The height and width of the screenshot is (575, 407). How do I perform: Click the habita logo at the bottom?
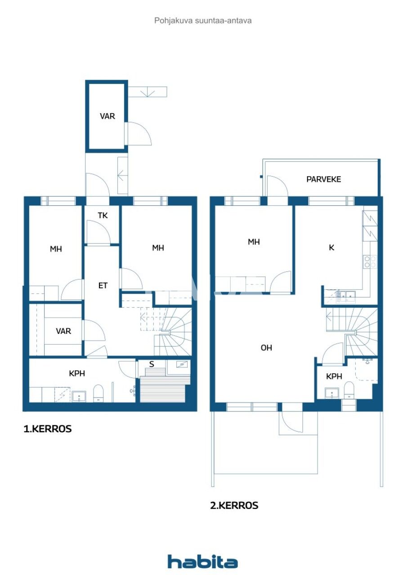tap(203, 562)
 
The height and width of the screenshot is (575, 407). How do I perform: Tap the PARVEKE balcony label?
tap(324, 179)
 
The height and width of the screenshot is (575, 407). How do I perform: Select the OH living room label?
tap(266, 348)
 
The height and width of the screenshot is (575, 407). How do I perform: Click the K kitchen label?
tap(332, 248)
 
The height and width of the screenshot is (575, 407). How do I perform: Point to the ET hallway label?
tap(103, 285)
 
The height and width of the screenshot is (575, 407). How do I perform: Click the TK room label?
tap(103, 216)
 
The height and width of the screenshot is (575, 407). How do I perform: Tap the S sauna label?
tap(152, 364)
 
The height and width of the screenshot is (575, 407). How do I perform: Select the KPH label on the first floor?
tap(77, 373)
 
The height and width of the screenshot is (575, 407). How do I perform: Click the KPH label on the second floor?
tap(333, 376)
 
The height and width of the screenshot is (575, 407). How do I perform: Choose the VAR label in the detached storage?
tap(107, 116)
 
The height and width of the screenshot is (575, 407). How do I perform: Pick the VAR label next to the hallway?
tap(63, 331)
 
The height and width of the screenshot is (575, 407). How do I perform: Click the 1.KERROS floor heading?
tap(47, 429)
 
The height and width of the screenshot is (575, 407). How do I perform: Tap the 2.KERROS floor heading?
tap(234, 505)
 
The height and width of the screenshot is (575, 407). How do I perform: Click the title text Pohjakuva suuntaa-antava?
tap(203, 20)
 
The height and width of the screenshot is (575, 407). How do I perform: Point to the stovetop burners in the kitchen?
tap(370, 262)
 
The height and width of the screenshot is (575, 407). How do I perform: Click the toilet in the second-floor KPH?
tap(349, 390)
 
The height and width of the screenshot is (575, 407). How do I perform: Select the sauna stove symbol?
tap(183, 365)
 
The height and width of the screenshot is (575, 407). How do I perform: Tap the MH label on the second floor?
tap(254, 242)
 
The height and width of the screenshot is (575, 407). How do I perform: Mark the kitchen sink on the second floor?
tap(347, 295)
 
